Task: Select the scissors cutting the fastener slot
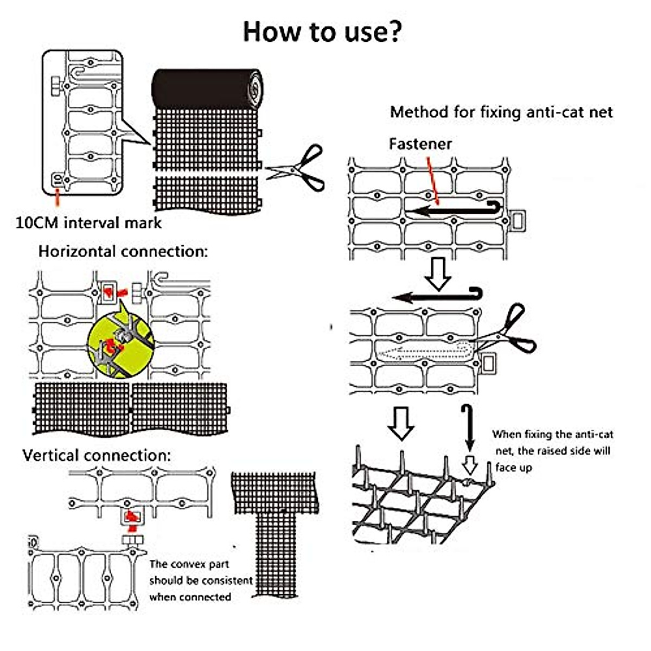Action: point(507,331)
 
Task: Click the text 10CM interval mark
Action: point(88,223)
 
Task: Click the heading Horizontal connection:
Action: point(123,252)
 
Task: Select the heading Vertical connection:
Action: point(97,455)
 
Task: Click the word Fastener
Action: point(420,144)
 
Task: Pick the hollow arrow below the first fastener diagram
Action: point(437,273)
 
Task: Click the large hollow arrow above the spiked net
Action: point(401,423)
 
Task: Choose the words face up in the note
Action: point(513,468)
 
